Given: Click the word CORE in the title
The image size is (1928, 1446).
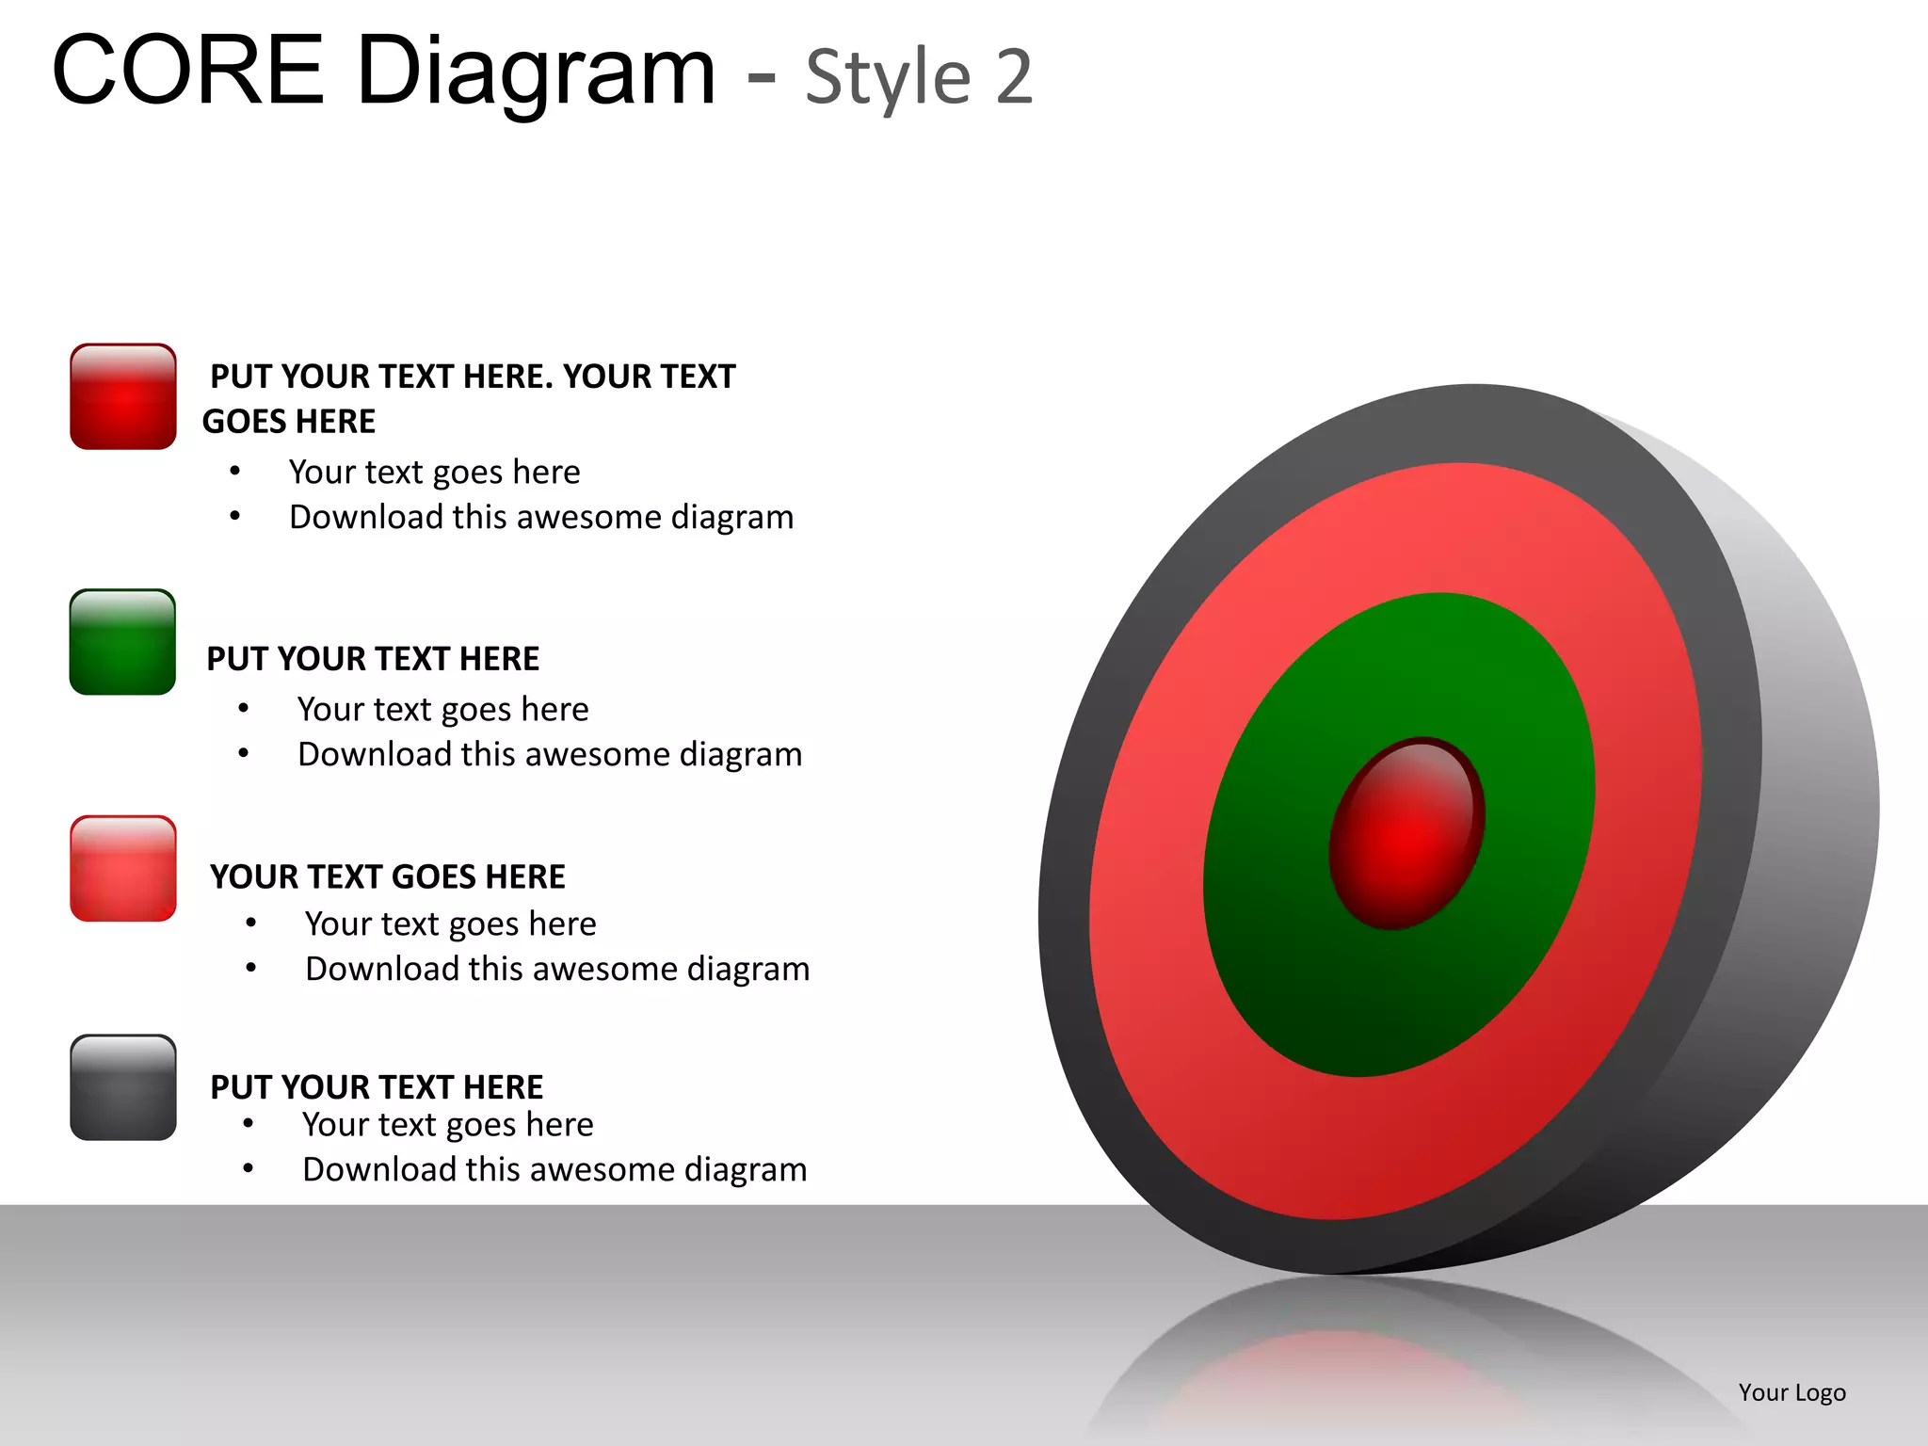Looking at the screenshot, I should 188,71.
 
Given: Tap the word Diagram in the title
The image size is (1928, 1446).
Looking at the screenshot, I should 537,73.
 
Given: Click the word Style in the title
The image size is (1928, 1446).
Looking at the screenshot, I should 888,77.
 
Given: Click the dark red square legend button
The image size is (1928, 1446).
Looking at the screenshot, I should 123,396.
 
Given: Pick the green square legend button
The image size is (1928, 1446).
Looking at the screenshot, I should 122,642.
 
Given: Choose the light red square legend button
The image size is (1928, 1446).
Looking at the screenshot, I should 123,868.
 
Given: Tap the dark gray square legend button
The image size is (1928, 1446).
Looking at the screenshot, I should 123,1087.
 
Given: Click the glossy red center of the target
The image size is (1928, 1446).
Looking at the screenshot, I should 1406,833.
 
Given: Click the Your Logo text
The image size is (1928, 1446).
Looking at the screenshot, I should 1791,1392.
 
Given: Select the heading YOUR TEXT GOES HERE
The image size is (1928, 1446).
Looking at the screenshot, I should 388,876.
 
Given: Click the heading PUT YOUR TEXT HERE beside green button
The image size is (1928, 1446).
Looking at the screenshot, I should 373,658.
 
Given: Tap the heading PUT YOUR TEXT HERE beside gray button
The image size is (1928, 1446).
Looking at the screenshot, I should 377,1086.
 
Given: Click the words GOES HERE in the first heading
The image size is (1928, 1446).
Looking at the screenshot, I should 289,421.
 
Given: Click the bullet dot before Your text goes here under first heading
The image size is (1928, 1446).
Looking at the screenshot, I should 235,471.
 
